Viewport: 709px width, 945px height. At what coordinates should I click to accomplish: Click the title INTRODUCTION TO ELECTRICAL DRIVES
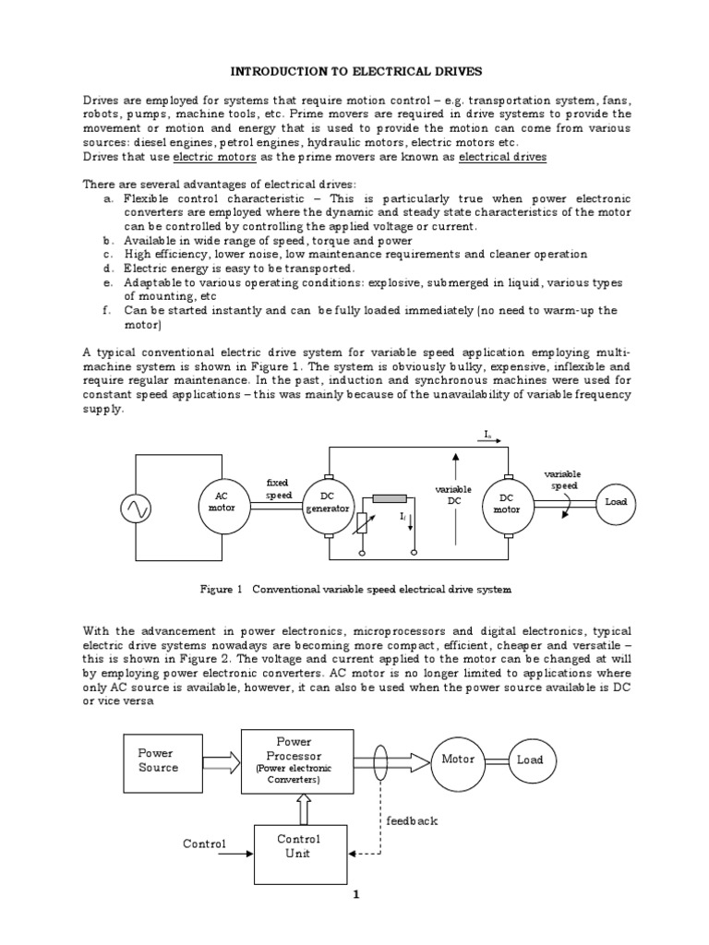(354, 70)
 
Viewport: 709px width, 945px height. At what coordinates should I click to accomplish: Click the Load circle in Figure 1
(616, 501)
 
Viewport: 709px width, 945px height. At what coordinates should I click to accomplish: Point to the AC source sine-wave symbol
(137, 508)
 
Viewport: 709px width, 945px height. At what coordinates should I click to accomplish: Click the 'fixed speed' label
(278, 488)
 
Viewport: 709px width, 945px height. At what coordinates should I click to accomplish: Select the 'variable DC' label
(453, 494)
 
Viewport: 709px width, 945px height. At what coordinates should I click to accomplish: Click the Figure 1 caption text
(355, 588)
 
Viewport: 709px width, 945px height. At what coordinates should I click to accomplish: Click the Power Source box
(158, 760)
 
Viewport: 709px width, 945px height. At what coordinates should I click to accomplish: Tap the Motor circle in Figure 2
(458, 760)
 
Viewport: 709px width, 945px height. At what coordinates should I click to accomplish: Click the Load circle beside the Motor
(530, 760)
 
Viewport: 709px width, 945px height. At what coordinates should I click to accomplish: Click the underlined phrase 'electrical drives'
(502, 157)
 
